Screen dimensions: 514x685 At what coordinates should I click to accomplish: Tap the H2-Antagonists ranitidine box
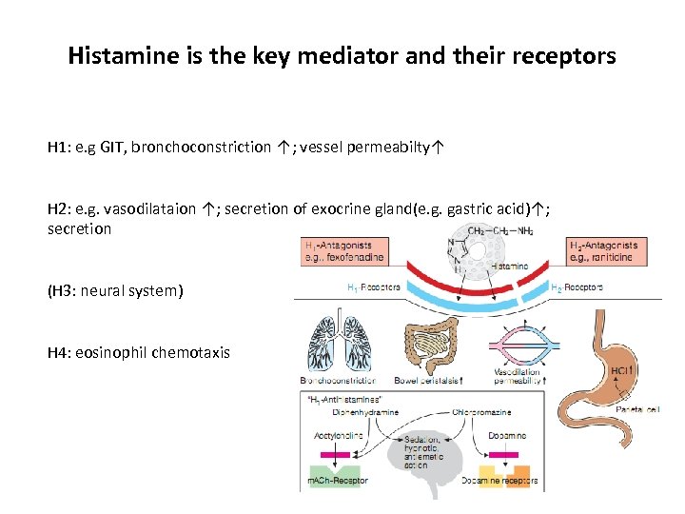click(602, 251)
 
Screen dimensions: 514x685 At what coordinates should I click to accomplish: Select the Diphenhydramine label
click(366, 412)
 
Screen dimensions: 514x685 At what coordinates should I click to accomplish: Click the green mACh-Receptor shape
click(334, 469)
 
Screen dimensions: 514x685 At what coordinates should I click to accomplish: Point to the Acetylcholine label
click(335, 434)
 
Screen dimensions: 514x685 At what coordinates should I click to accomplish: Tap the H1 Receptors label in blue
click(372, 286)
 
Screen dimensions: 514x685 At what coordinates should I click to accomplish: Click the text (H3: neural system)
click(114, 290)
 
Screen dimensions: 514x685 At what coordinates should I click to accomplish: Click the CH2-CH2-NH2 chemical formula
click(499, 230)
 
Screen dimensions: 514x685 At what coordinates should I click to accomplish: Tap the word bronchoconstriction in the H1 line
click(201, 148)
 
